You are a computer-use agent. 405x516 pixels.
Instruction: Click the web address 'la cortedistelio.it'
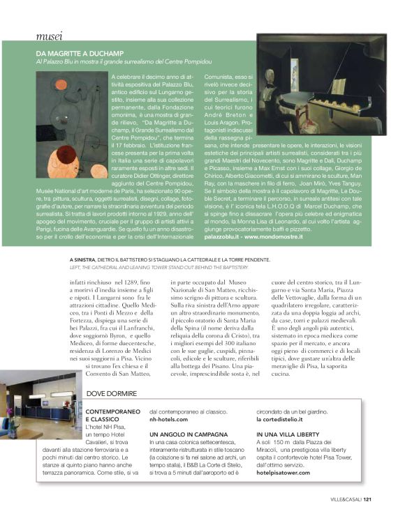[x=282, y=420]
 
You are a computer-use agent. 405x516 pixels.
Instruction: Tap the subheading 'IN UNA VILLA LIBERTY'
[x=286, y=434]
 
